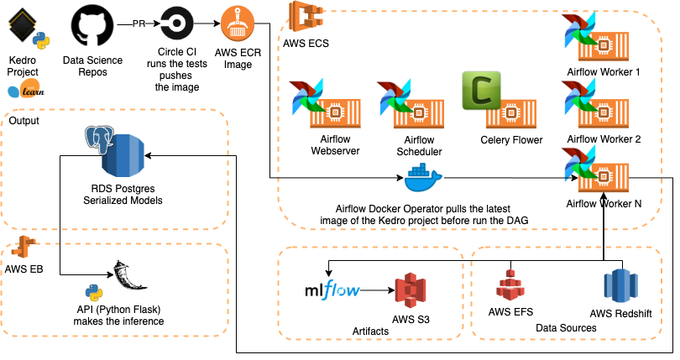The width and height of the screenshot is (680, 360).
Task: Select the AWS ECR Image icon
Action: [238, 23]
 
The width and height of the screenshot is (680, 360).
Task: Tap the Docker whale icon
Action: [422, 179]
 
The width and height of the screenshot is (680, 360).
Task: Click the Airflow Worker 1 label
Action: [604, 72]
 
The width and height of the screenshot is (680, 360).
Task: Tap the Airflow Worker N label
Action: [604, 203]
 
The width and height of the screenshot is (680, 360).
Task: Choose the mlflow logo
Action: [332, 291]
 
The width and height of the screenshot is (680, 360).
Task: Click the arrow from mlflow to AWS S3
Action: [378, 291]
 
